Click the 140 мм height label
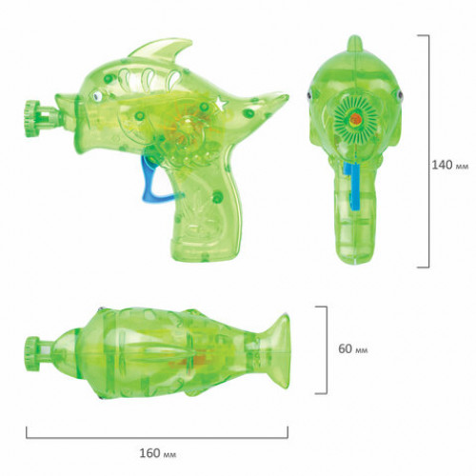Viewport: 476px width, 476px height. tap(449, 165)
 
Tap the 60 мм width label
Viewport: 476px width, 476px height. tap(353, 348)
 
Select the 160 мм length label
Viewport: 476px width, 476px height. tap(157, 453)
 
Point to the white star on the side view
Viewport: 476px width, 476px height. tap(221, 103)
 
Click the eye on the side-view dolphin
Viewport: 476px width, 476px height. tap(98, 96)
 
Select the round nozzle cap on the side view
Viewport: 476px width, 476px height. tap(32, 118)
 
